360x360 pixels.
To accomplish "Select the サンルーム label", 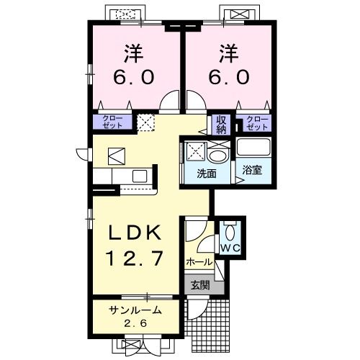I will click(133, 310).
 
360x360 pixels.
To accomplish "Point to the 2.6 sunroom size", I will click(134, 323).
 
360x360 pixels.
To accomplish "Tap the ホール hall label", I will click(199, 262).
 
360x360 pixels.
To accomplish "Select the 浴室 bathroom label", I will click(252, 171).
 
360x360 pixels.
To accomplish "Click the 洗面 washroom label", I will click(206, 174).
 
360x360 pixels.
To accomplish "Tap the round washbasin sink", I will click(218, 153).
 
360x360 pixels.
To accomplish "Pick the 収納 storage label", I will click(220, 124).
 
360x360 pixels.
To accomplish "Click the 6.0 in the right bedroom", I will click(229, 76).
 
